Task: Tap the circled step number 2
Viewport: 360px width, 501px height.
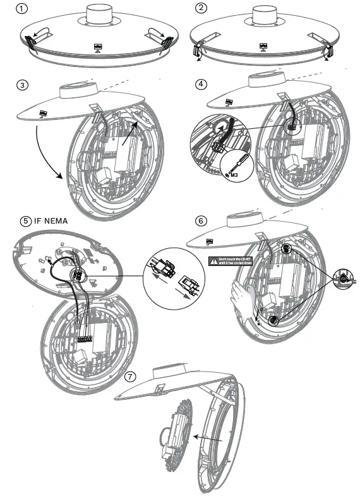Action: click(x=201, y=9)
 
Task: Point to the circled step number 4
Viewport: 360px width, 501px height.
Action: click(x=201, y=85)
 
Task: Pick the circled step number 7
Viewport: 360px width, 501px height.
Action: click(x=131, y=377)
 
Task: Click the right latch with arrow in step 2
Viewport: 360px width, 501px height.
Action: click(x=327, y=52)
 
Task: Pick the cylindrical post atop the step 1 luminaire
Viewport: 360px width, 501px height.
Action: click(x=98, y=14)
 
